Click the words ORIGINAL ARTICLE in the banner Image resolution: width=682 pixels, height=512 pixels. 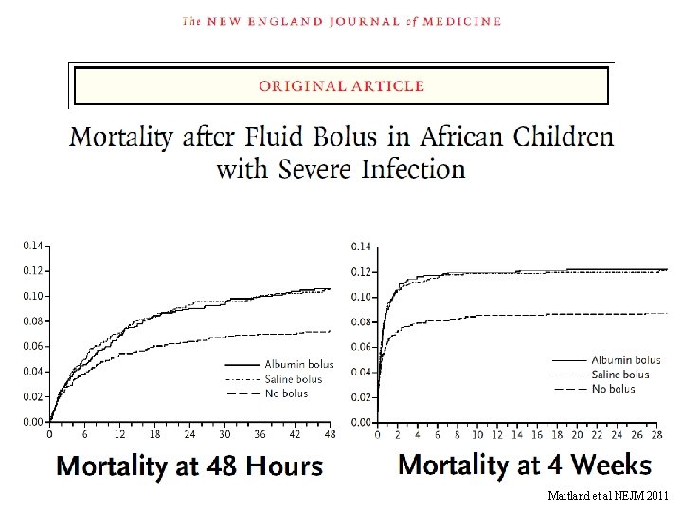341,86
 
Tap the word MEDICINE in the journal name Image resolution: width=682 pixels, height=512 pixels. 454,21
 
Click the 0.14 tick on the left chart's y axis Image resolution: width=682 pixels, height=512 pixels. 32,246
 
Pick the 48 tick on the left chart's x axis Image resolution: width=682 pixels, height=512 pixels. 329,435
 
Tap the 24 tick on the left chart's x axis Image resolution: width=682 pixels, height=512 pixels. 189,435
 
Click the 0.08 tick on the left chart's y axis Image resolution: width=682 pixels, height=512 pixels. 32,321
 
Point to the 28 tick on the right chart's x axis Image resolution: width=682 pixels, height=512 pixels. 656,435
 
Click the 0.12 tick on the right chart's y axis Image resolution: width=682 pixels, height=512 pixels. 361,272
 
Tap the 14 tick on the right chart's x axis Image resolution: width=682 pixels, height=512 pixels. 517,435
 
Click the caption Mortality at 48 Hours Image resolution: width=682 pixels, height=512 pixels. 189,466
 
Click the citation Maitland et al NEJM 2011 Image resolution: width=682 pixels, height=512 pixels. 607,496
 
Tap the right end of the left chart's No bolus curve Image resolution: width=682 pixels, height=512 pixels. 329,332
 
